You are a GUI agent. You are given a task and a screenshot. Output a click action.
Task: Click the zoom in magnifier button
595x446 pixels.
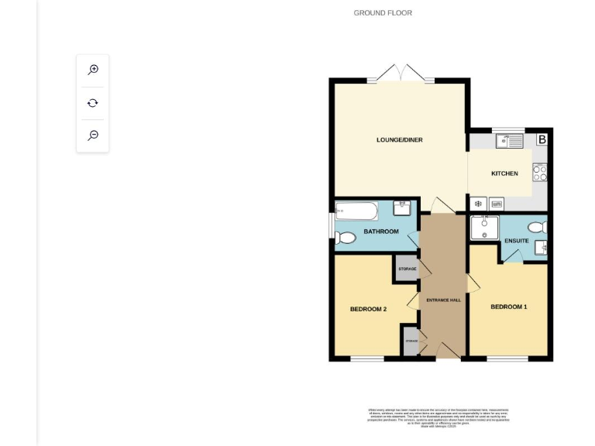93,70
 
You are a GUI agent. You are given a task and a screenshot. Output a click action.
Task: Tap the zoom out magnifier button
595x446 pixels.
93,136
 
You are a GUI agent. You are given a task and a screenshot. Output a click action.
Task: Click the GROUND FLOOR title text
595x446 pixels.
383,13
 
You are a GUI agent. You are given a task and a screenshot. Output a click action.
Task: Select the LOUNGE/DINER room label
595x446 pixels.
399,140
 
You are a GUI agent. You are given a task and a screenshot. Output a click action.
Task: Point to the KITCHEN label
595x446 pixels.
504,173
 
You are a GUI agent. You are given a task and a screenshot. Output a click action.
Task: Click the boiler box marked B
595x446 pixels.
542,140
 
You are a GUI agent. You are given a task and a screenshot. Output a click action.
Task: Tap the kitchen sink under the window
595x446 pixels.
511,141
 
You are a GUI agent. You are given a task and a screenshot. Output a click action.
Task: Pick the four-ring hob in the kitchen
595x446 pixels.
540,173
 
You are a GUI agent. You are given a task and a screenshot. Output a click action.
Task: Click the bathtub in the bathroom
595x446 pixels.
356,209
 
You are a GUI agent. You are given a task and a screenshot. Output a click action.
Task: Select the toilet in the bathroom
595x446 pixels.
346,238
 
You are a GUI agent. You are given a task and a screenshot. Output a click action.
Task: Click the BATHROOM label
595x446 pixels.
381,232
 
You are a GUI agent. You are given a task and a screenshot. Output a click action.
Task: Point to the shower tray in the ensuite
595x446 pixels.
484,226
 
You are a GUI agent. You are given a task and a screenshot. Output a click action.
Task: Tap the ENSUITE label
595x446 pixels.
517,241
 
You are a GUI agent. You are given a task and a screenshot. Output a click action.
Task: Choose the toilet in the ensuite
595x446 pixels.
536,227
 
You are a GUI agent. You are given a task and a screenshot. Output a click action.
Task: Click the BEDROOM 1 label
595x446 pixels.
509,307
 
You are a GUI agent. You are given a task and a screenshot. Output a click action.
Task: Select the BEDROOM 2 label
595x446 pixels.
368,309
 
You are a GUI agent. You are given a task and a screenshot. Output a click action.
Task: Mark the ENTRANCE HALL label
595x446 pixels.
444,300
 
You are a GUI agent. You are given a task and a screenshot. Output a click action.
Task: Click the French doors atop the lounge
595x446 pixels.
401,75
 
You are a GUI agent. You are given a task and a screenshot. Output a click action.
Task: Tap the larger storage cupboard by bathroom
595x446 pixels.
407,269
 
